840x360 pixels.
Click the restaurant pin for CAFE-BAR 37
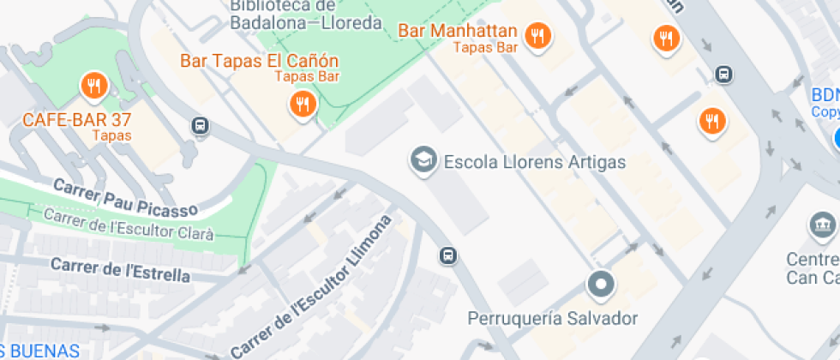[93, 86]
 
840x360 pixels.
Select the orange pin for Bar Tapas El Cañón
[301, 105]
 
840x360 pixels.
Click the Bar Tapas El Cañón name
[259, 61]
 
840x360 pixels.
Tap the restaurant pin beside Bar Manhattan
[537, 36]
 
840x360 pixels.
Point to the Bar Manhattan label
[458, 31]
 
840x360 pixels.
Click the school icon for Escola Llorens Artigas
[422, 159]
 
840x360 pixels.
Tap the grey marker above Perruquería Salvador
[601, 284]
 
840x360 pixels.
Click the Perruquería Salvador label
[552, 319]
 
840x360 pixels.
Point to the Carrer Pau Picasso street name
[125, 196]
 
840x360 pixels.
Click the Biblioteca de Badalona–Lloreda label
[305, 15]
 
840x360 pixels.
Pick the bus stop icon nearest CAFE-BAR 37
[200, 126]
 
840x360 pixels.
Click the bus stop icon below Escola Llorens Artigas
[447, 255]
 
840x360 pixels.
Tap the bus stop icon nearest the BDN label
[724, 75]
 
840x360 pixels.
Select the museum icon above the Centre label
[823, 226]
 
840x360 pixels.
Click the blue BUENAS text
[40, 351]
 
